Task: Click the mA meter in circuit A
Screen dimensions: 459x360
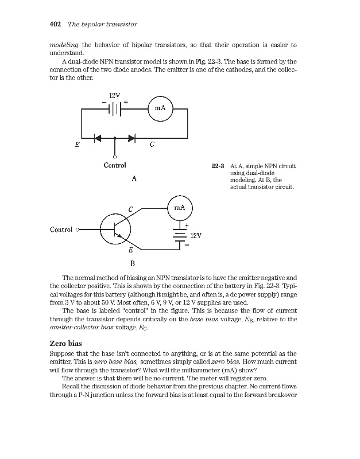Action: click(x=160, y=108)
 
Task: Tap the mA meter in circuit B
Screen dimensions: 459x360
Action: click(x=179, y=208)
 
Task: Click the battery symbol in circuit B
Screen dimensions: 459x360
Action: click(x=180, y=237)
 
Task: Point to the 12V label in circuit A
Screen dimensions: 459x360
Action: click(x=114, y=95)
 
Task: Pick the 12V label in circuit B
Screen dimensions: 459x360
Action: click(x=196, y=236)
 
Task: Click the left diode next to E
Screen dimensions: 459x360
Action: click(x=97, y=138)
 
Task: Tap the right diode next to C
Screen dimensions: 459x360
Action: click(x=132, y=138)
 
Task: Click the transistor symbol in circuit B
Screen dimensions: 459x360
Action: click(x=115, y=229)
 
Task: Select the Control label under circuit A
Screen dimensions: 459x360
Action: click(x=114, y=166)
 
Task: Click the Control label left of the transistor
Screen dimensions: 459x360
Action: click(x=61, y=229)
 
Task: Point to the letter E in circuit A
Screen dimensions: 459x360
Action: click(x=77, y=146)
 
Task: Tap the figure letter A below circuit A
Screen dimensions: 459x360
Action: click(x=133, y=179)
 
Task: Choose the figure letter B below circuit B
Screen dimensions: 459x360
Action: click(x=133, y=264)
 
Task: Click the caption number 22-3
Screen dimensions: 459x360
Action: click(x=217, y=166)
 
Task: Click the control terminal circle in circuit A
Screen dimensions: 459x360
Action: click(x=115, y=157)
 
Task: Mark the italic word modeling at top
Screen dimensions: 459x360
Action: click(x=64, y=45)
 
